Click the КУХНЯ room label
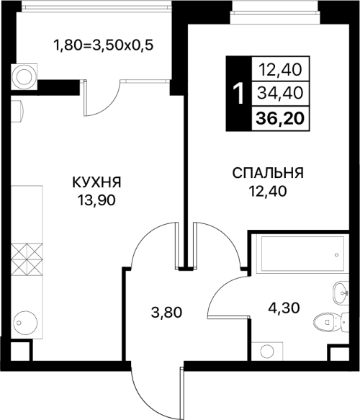[x=96, y=182]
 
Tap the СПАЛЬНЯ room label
[x=268, y=173]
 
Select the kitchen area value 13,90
[x=96, y=200]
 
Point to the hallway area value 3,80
[x=166, y=313]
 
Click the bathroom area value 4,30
[x=284, y=308]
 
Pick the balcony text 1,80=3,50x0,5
[x=104, y=45]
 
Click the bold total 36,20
[x=280, y=118]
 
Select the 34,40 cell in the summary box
[x=280, y=93]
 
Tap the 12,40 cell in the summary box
[x=280, y=69]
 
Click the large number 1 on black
[x=238, y=94]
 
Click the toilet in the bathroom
[x=331, y=322]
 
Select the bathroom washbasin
[x=341, y=292]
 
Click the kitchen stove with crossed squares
[x=27, y=259]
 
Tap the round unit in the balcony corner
[x=24, y=77]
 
